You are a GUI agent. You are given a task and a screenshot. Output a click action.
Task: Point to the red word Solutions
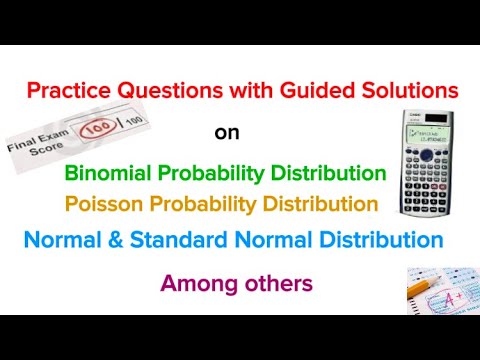410,90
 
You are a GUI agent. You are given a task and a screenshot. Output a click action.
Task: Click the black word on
227,132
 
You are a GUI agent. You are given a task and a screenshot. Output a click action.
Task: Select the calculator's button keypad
426,180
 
